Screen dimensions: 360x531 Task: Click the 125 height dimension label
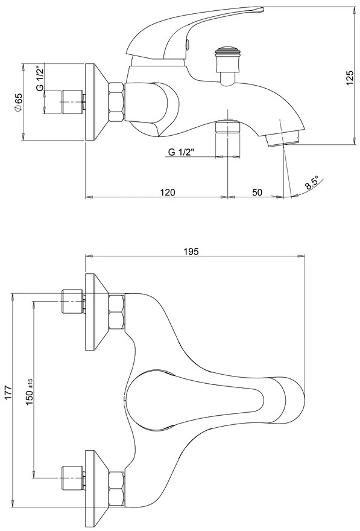[350, 78]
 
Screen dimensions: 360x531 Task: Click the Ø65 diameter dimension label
[18, 102]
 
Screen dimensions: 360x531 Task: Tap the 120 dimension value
[168, 192]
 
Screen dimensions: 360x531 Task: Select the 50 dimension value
[257, 192]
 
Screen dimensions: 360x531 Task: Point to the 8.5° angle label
[312, 182]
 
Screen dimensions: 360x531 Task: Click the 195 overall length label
[191, 251]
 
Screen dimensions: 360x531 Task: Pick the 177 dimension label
[8, 392]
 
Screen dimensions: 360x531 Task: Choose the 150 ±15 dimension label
[30, 392]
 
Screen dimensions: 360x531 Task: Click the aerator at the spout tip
[283, 139]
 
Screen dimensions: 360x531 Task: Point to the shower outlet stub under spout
[228, 127]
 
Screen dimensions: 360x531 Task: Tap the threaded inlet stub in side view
[73, 102]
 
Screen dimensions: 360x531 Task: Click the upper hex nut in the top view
[117, 312]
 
